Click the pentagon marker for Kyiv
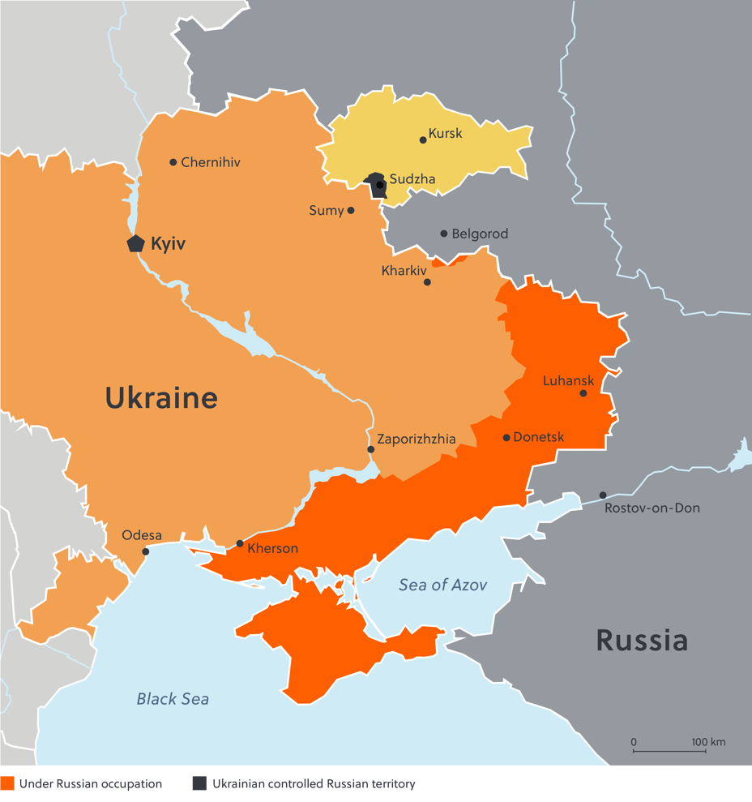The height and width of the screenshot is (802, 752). click(x=135, y=243)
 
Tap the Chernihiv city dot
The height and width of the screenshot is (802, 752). click(x=173, y=162)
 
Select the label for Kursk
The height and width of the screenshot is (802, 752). click(x=445, y=133)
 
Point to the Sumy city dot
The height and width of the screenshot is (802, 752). click(x=351, y=211)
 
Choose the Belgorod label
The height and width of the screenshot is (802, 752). click(x=480, y=234)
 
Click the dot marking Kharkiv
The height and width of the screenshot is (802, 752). click(x=427, y=282)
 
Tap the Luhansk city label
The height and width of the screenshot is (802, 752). click(x=568, y=380)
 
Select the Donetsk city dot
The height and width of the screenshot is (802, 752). click(x=506, y=438)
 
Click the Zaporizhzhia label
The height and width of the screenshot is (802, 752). click(x=416, y=439)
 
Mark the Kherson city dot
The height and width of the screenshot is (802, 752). click(x=240, y=543)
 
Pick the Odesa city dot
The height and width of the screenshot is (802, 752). click(x=146, y=551)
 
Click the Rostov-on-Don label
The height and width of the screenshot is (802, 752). click(x=652, y=508)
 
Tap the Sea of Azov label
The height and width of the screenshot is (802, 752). click(x=442, y=585)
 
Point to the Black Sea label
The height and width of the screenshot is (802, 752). click(x=173, y=698)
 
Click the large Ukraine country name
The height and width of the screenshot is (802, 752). click(x=161, y=397)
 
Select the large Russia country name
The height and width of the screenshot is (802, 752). click(x=642, y=640)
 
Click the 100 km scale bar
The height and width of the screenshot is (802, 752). click(x=665, y=750)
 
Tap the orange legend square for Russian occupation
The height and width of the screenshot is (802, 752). click(x=7, y=783)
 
